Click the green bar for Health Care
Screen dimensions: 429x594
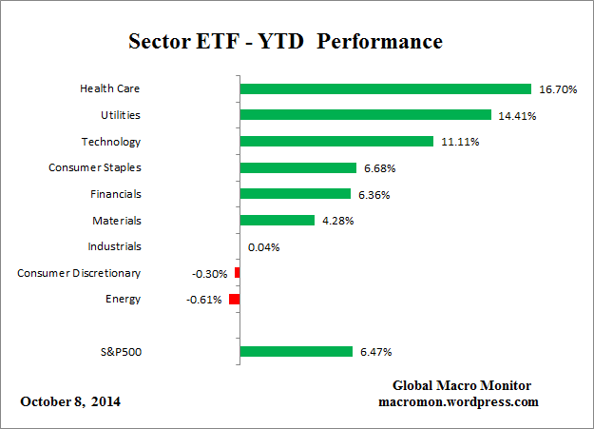click(385, 88)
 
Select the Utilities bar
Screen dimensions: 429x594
click(365, 115)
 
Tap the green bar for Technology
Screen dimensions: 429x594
click(336, 142)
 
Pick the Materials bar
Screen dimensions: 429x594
click(277, 220)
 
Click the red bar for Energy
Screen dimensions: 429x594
click(235, 299)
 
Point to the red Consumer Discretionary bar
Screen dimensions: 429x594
click(237, 273)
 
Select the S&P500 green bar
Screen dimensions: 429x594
click(296, 351)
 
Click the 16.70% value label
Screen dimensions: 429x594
click(558, 89)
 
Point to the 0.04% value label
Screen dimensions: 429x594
click(263, 247)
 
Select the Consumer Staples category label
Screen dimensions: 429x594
click(94, 167)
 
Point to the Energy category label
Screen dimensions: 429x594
click(123, 299)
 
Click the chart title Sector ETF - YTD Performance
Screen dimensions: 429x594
click(285, 44)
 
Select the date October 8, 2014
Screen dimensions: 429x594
click(70, 401)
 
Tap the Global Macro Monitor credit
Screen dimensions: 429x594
click(461, 385)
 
